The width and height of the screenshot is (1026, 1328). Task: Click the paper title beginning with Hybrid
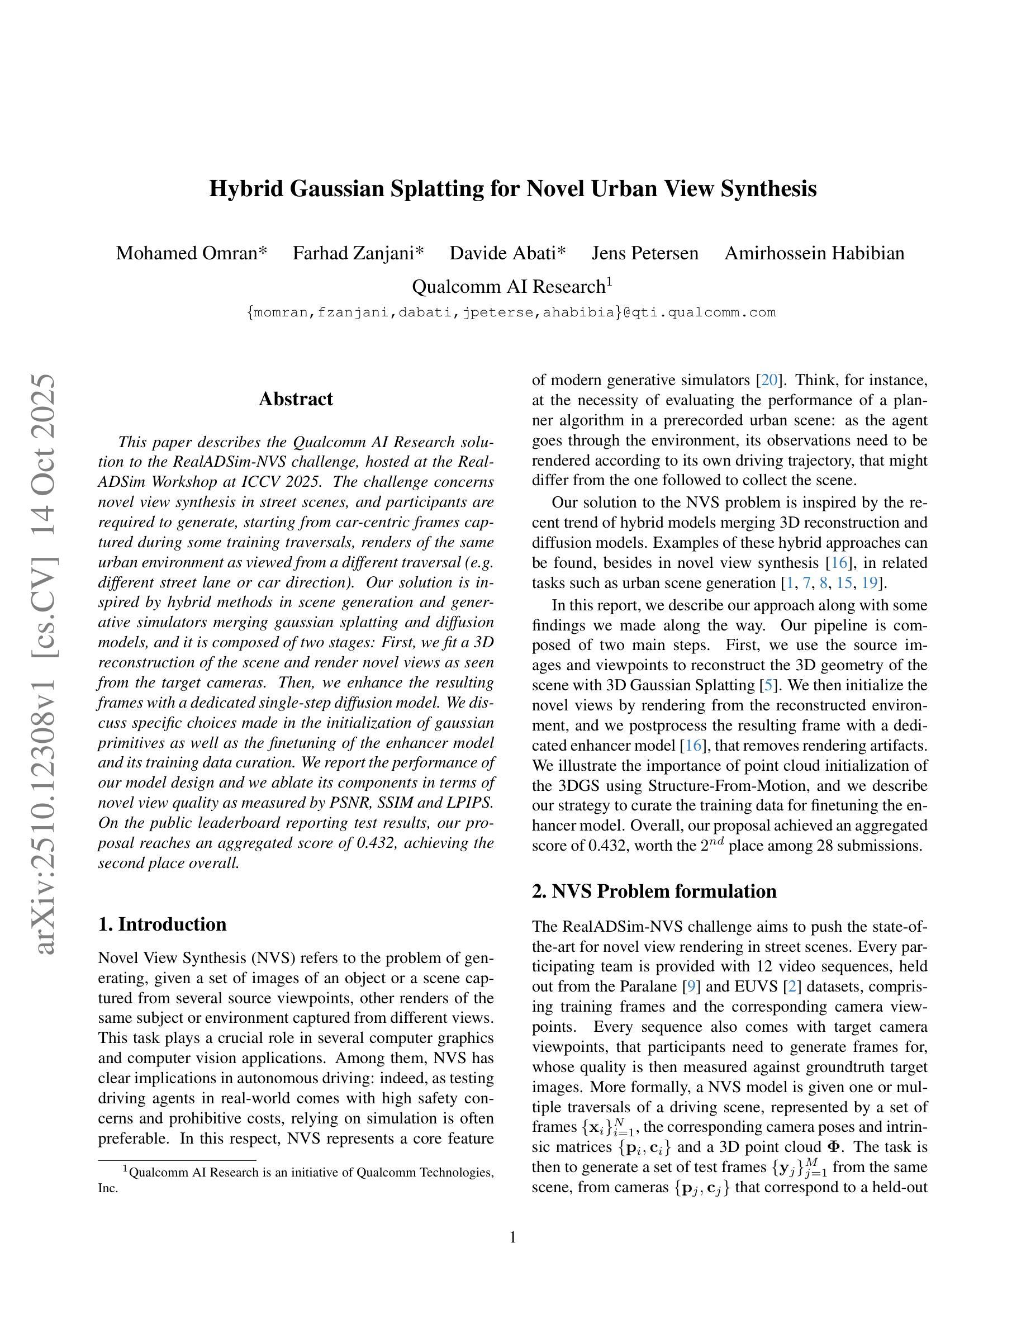[512, 188]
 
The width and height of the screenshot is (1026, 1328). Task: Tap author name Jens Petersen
[645, 253]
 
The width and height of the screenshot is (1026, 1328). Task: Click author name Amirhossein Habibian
[814, 253]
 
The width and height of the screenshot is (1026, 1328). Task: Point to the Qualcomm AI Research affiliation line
[512, 286]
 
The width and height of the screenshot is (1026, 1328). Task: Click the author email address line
[512, 312]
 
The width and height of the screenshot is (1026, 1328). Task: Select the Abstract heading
[296, 399]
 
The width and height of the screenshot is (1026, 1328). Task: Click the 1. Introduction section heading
[162, 924]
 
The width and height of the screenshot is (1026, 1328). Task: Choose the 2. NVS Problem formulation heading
[654, 891]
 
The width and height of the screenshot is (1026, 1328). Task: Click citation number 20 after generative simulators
[769, 381]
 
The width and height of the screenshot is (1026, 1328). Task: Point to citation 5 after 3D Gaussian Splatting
[768, 685]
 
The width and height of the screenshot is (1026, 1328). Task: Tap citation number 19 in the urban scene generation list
[869, 583]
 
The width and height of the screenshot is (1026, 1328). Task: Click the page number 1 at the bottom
[512, 1237]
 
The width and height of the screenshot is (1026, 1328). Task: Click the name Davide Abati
[507, 253]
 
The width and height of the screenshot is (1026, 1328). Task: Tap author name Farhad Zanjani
[358, 253]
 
